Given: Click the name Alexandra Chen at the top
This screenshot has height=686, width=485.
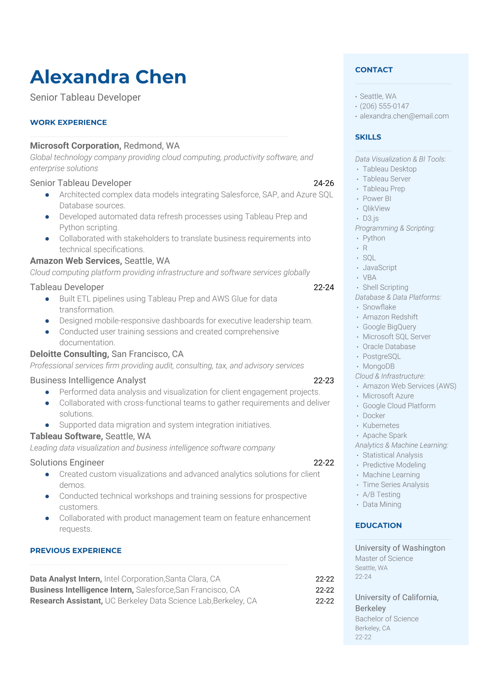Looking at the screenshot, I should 108,77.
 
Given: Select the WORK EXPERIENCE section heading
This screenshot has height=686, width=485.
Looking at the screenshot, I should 68,122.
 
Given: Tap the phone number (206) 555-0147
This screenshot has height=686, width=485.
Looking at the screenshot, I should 384,106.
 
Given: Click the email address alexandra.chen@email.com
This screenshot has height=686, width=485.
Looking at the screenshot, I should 404,116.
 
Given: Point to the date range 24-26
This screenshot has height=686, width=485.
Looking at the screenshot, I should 324,183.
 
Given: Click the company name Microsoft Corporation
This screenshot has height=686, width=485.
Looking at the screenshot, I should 75,146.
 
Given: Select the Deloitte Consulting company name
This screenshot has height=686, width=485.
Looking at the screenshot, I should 69,354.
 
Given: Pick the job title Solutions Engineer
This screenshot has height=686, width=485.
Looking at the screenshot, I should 67,462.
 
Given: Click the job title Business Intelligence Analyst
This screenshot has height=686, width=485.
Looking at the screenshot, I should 88,380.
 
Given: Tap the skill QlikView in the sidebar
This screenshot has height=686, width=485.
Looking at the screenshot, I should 376,208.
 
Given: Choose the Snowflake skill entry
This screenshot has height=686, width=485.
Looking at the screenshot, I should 379,307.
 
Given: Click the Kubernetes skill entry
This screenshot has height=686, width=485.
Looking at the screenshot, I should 381,425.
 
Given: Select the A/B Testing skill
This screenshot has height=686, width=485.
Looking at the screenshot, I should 381,494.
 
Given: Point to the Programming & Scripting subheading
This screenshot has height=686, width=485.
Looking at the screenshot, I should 395,228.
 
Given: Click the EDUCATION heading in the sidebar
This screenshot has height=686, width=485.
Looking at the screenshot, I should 378,525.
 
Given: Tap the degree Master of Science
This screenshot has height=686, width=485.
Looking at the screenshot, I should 384,558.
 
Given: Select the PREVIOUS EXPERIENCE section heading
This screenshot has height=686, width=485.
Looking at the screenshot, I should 76,550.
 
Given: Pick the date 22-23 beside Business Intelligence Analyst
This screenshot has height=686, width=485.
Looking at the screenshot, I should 324,380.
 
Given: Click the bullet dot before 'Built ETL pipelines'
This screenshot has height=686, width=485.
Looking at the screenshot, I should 47,299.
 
